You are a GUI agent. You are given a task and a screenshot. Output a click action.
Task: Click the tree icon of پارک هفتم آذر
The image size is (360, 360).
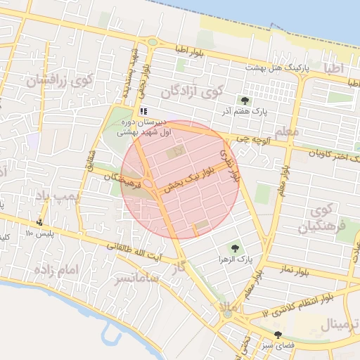coord(245,101)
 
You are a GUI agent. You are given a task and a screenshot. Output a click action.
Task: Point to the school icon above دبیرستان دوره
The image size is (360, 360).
coord(143,110)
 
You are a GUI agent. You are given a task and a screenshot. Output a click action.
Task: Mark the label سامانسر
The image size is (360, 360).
coord(139,278)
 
